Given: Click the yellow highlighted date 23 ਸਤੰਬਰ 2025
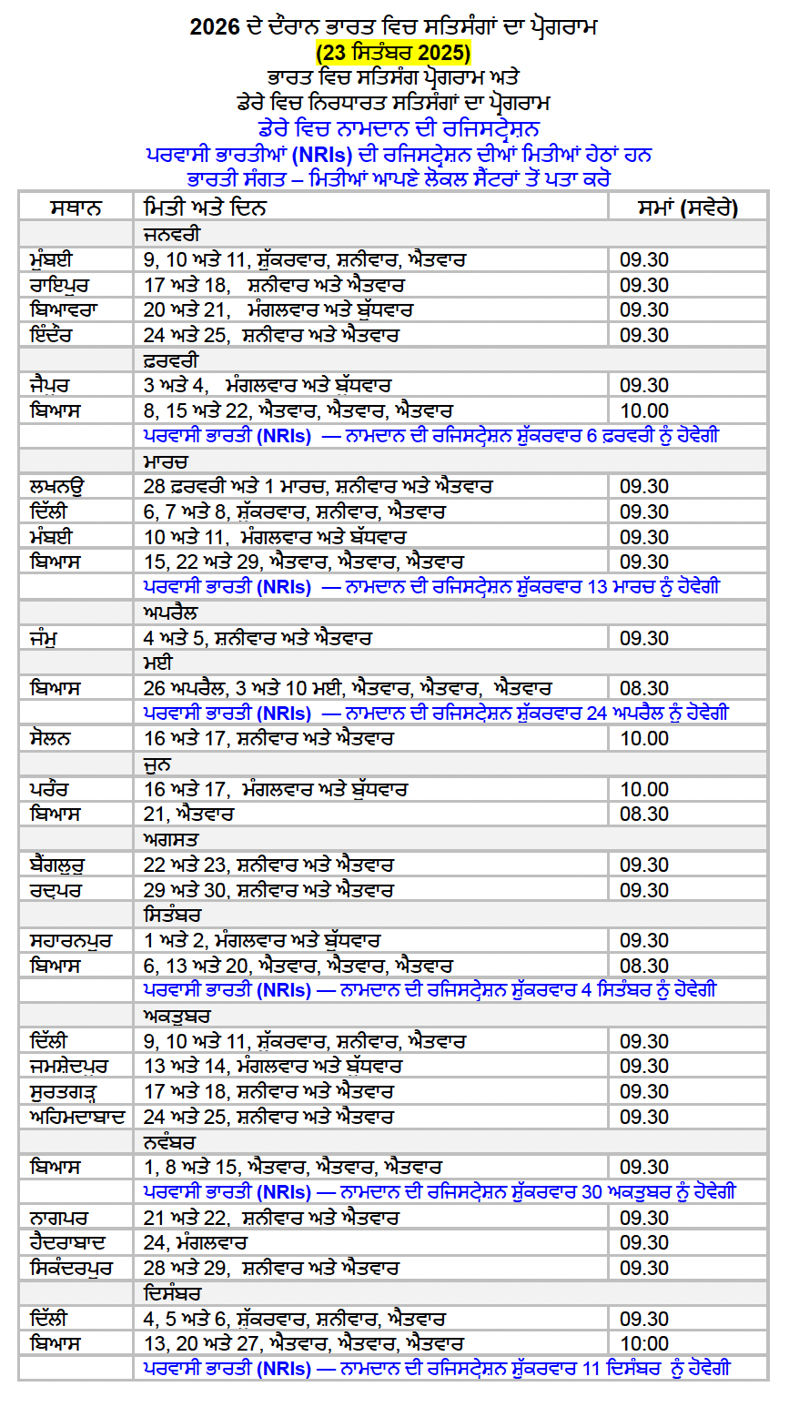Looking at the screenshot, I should pyautogui.click(x=393, y=52).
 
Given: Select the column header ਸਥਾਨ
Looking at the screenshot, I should pyautogui.click(x=76, y=208).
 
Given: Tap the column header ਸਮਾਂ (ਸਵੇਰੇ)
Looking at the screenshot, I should pyautogui.click(x=687, y=208).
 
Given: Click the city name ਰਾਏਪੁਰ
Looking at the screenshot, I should pyautogui.click(x=59, y=285).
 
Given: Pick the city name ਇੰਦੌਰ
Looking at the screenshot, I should pyautogui.click(x=51, y=335).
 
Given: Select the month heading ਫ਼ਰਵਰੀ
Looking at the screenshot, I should pyautogui.click(x=170, y=360).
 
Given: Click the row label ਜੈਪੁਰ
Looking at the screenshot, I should pyautogui.click(x=49, y=386).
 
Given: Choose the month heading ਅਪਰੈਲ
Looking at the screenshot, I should pyautogui.click(x=170, y=612).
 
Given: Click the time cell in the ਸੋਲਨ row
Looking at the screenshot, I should pyautogui.click(x=644, y=738).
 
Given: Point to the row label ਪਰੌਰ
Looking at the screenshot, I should pyautogui.click(x=49, y=789).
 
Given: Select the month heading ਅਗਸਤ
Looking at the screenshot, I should pyautogui.click(x=170, y=839).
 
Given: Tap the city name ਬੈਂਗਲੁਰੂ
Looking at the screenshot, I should pyautogui.click(x=59, y=865).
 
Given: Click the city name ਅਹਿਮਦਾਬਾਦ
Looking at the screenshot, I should pyautogui.click(x=77, y=1117).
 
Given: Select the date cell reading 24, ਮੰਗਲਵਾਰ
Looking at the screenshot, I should pyautogui.click(x=196, y=1242).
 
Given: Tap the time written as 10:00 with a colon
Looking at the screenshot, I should pyautogui.click(x=644, y=1343).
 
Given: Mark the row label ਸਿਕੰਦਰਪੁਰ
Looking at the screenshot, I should pyautogui.click(x=71, y=1268).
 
